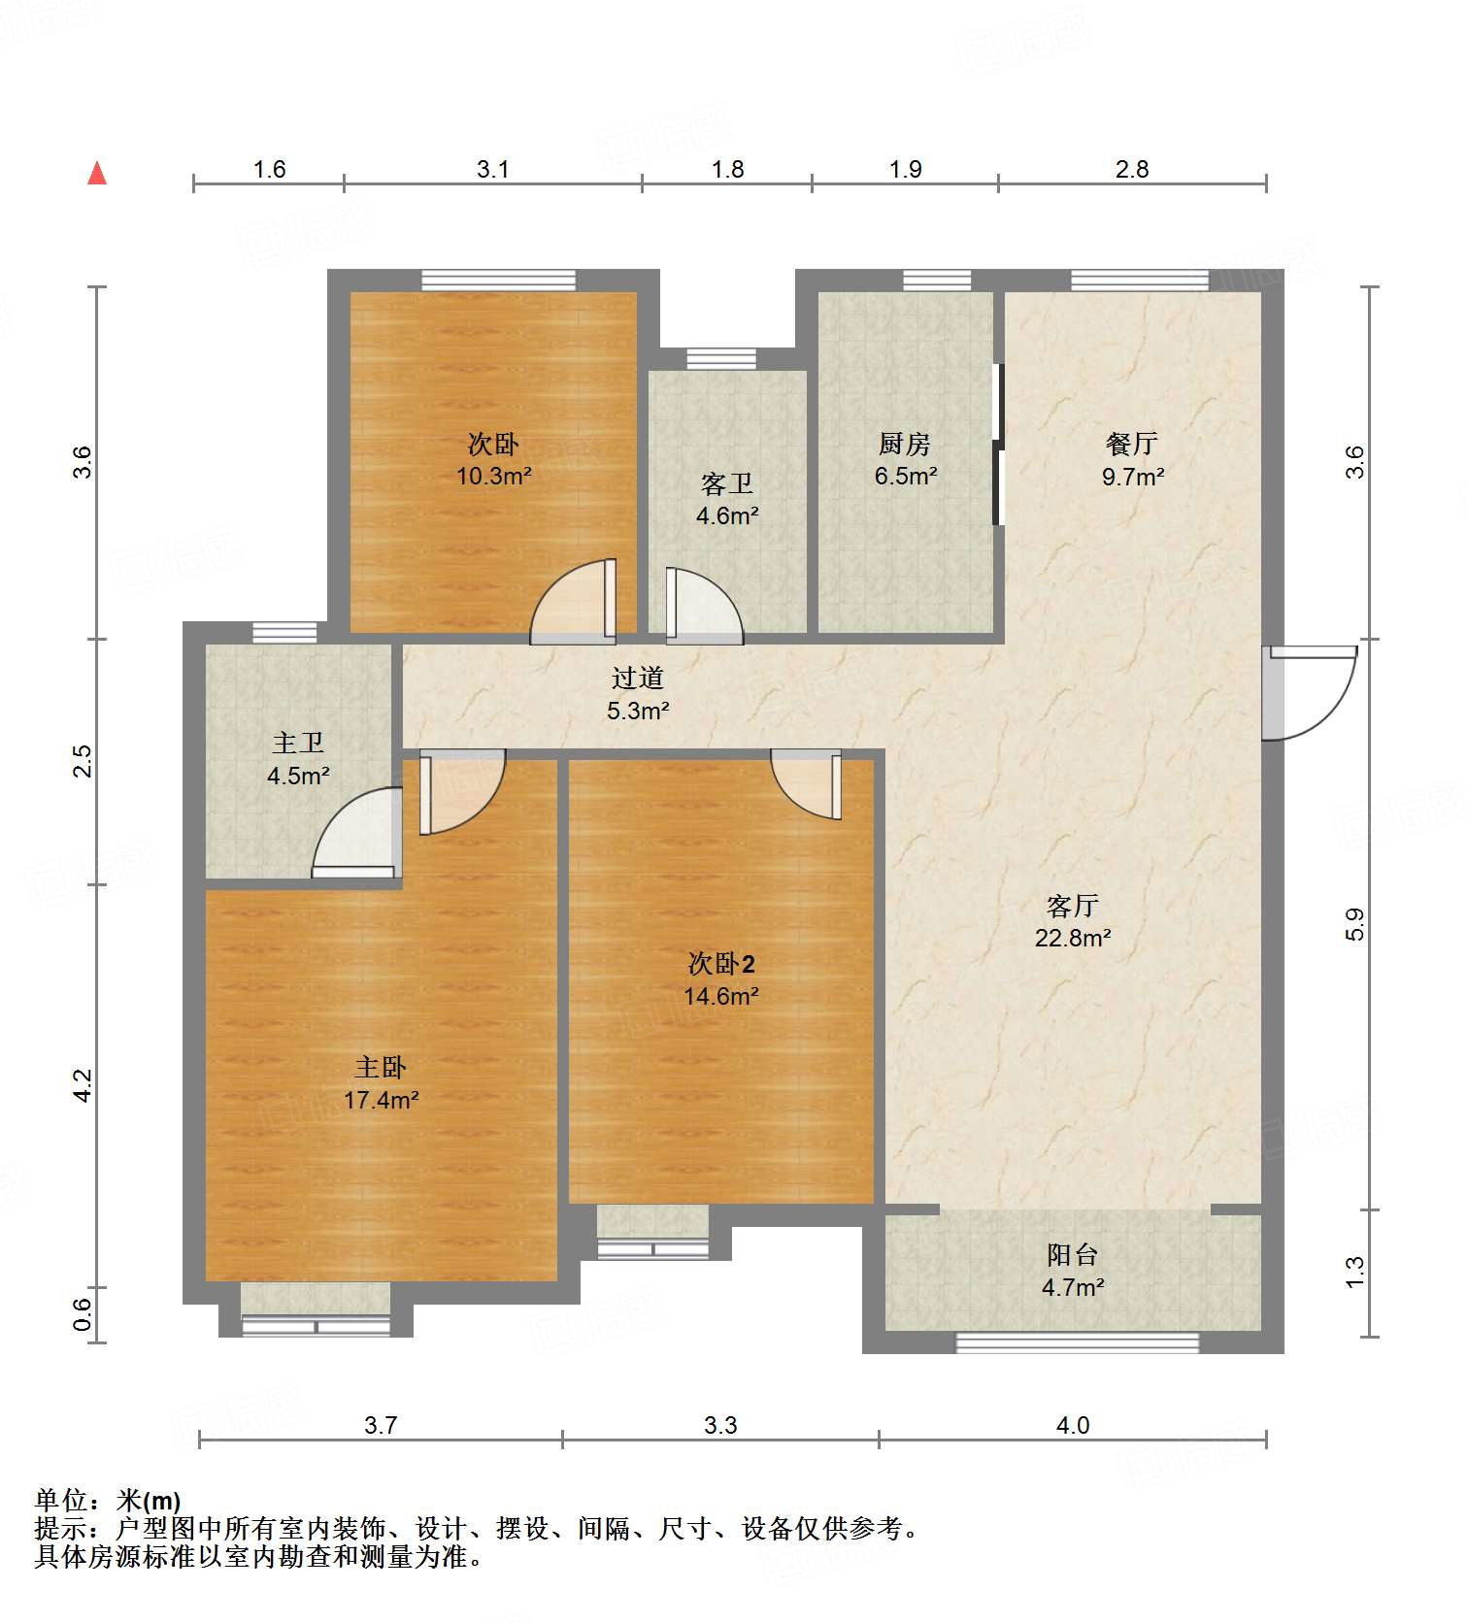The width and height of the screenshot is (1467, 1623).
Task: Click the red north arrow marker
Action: [97, 173]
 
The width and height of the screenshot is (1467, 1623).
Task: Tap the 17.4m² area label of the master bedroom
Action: [381, 1100]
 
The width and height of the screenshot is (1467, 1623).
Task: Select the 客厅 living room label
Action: [1072, 906]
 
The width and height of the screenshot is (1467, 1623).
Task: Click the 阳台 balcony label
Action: [1072, 1254]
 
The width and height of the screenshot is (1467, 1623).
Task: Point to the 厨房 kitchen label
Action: [904, 444]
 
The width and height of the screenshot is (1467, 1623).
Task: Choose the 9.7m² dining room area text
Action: [1132, 476]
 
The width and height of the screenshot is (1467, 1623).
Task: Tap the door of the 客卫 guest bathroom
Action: [701, 607]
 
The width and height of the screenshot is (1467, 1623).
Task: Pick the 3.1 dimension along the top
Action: [492, 169]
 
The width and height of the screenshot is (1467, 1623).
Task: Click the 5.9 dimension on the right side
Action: [1354, 923]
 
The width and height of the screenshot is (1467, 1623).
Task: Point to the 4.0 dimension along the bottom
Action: [1072, 1425]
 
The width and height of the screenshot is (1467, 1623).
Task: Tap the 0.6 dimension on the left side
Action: [83, 1314]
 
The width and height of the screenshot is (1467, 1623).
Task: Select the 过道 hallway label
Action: [638, 678]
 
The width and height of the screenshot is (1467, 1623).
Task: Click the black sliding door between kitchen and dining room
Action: [997, 444]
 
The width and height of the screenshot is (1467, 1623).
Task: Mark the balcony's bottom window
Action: [1077, 1342]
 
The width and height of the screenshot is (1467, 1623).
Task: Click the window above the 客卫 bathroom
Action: [721, 359]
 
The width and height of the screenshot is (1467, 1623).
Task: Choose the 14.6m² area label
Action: [720, 996]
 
